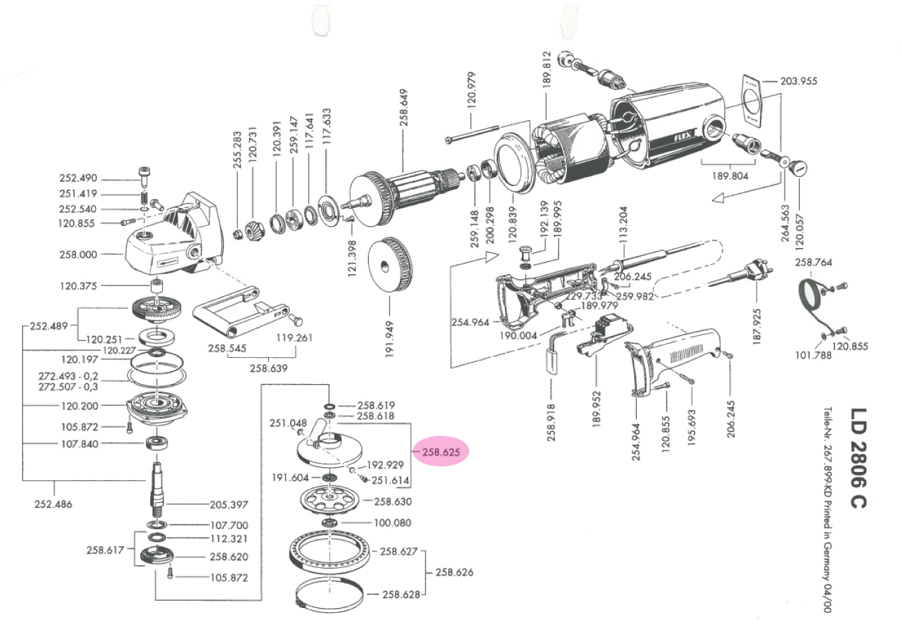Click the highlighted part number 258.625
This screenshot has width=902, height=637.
click(441, 452)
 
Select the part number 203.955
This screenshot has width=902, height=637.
click(798, 81)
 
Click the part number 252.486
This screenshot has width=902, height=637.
click(53, 504)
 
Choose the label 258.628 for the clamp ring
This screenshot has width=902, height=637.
click(402, 594)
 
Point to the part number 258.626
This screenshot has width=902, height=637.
click(454, 573)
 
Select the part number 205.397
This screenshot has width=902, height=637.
click(229, 504)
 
